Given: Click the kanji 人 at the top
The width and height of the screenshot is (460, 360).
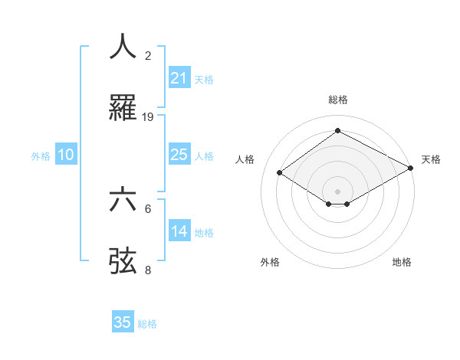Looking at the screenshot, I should coord(123,46).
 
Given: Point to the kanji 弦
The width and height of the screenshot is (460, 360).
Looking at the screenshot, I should coord(123,260).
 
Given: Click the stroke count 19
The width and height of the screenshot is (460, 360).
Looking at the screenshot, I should coord(148,116).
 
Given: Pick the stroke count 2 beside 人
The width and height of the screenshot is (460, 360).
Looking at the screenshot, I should coord(148,56).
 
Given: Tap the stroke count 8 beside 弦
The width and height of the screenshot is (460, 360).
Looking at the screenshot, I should coord(148,270).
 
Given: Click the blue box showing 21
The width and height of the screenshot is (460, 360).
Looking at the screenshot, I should coord(179,78).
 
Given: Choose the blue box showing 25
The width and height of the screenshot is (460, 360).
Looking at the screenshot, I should coord(179,155).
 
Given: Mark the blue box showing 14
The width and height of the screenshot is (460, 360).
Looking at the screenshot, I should coord(179,231).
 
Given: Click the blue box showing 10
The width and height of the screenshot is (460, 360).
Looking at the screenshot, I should coord(66,155).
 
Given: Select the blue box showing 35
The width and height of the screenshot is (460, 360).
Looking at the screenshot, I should coord(122,322).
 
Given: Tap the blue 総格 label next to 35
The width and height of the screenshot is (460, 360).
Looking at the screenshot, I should coord(147,324).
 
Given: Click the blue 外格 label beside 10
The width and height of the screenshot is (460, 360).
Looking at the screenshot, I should coord(41,156).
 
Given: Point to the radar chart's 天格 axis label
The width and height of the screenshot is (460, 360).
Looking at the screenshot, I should coord(431,159).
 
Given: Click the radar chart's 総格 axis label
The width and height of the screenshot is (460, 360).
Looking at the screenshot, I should coord(337,100).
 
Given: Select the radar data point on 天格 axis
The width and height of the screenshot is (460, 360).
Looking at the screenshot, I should coord(412,169).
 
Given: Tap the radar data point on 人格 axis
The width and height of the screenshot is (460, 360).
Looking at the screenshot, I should coord(280,173).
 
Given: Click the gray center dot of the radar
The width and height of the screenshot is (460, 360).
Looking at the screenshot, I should coord(337,191).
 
